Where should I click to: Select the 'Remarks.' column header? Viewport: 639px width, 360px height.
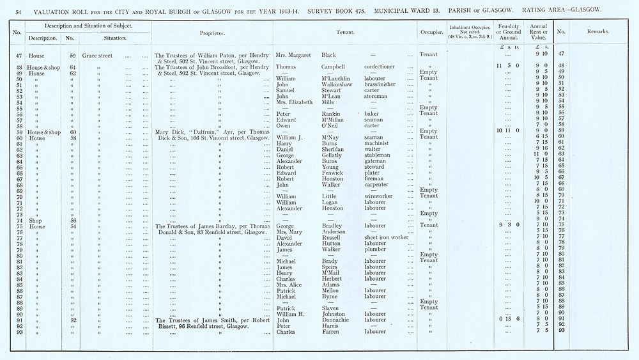click(597, 31)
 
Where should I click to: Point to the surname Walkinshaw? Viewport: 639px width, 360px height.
click(337, 84)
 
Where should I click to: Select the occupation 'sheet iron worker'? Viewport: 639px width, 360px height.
click(386, 237)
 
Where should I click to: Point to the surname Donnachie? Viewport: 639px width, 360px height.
click(337, 318)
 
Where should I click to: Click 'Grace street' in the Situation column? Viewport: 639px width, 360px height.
click(97, 56)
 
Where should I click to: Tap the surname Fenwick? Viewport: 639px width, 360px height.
click(334, 173)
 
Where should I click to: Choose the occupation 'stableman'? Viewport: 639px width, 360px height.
click(380, 155)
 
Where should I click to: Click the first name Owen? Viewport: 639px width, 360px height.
click(283, 125)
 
